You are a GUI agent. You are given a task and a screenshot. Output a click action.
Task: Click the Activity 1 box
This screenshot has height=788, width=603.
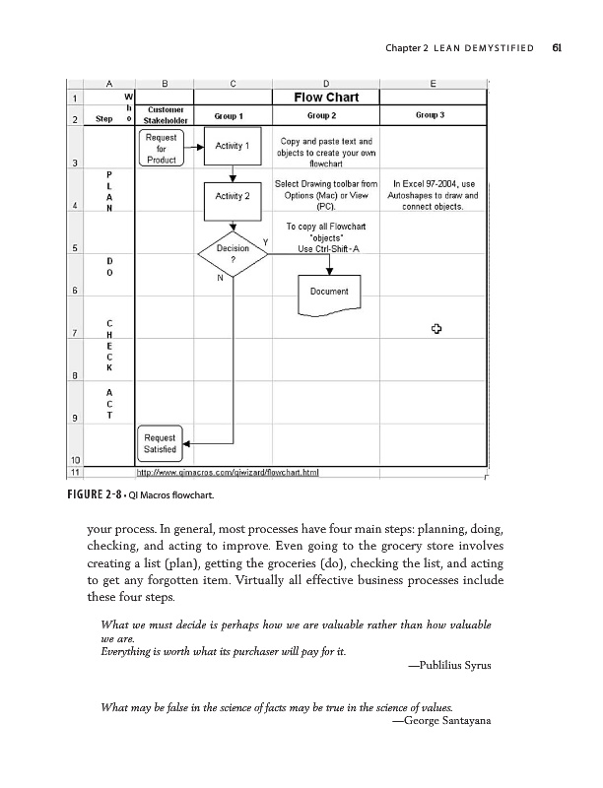(232, 147)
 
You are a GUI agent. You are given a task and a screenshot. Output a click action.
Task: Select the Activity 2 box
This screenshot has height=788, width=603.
(232, 196)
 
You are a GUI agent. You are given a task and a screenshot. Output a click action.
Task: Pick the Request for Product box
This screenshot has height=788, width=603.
(161, 148)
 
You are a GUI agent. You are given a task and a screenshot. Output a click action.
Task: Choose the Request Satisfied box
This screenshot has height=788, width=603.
(160, 444)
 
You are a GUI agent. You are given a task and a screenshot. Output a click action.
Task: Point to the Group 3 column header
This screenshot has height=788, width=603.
(432, 115)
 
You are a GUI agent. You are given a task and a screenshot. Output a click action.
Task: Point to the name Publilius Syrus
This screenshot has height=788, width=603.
(448, 666)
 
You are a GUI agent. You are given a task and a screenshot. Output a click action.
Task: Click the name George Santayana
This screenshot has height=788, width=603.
(440, 721)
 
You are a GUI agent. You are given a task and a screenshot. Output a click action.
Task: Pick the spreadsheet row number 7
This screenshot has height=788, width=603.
(75, 332)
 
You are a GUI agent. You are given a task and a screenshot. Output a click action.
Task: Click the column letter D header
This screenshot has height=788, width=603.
(325, 84)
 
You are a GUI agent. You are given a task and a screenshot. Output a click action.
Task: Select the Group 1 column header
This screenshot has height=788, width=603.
(232, 115)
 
